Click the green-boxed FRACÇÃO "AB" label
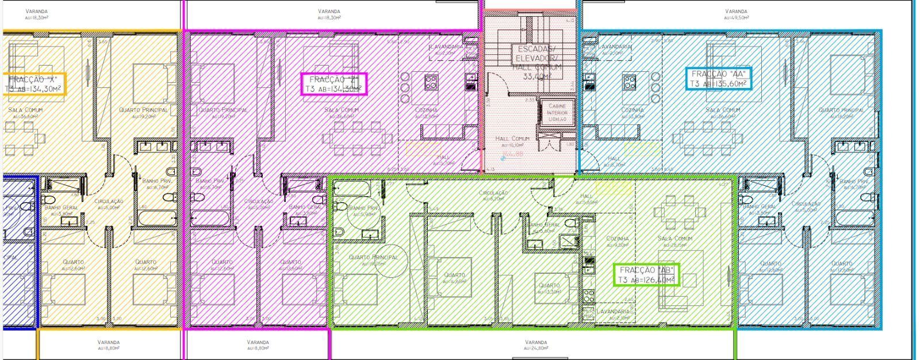coord(646,275)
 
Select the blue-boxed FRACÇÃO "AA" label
coord(719,79)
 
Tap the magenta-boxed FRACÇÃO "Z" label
coord(334,84)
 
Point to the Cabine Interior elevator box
coord(557,112)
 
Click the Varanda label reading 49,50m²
coord(736,14)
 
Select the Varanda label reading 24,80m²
coord(536,345)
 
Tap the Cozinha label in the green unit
coord(617,241)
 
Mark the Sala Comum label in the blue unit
coord(723,113)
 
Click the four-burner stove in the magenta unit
coord(431,82)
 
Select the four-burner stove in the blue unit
coord(628,82)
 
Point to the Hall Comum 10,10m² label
coord(512,141)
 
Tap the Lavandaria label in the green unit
coord(614,314)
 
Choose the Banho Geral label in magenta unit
coord(304,209)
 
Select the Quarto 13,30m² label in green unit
coord(549,288)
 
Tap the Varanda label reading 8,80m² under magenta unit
coord(258,345)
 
